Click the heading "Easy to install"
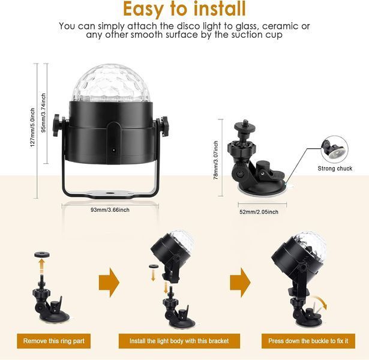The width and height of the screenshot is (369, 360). (x=184, y=9)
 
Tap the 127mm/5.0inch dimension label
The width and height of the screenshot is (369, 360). (x=32, y=128)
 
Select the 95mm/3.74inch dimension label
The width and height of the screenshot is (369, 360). (x=44, y=113)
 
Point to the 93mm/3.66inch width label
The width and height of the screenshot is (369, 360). (x=110, y=210)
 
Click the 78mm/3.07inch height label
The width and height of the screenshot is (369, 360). (x=216, y=160)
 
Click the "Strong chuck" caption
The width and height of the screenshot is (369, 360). (x=335, y=169)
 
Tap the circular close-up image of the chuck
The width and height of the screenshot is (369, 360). (x=334, y=149)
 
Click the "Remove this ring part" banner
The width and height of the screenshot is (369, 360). (x=53, y=341)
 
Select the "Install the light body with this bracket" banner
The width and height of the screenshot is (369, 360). (x=179, y=341)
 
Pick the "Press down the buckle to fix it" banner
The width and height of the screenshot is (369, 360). (x=308, y=341)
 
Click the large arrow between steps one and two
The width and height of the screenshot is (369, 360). (x=109, y=283)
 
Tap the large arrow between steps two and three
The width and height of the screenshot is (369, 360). (x=240, y=283)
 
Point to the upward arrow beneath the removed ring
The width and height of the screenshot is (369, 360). (x=41, y=266)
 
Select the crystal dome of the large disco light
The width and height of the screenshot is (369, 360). (x=111, y=83)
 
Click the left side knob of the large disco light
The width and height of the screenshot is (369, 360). (x=57, y=125)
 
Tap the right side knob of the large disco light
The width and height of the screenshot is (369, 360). (x=164, y=126)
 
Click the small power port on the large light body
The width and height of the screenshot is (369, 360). (x=113, y=150)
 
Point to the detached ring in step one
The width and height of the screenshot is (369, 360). (x=42, y=254)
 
